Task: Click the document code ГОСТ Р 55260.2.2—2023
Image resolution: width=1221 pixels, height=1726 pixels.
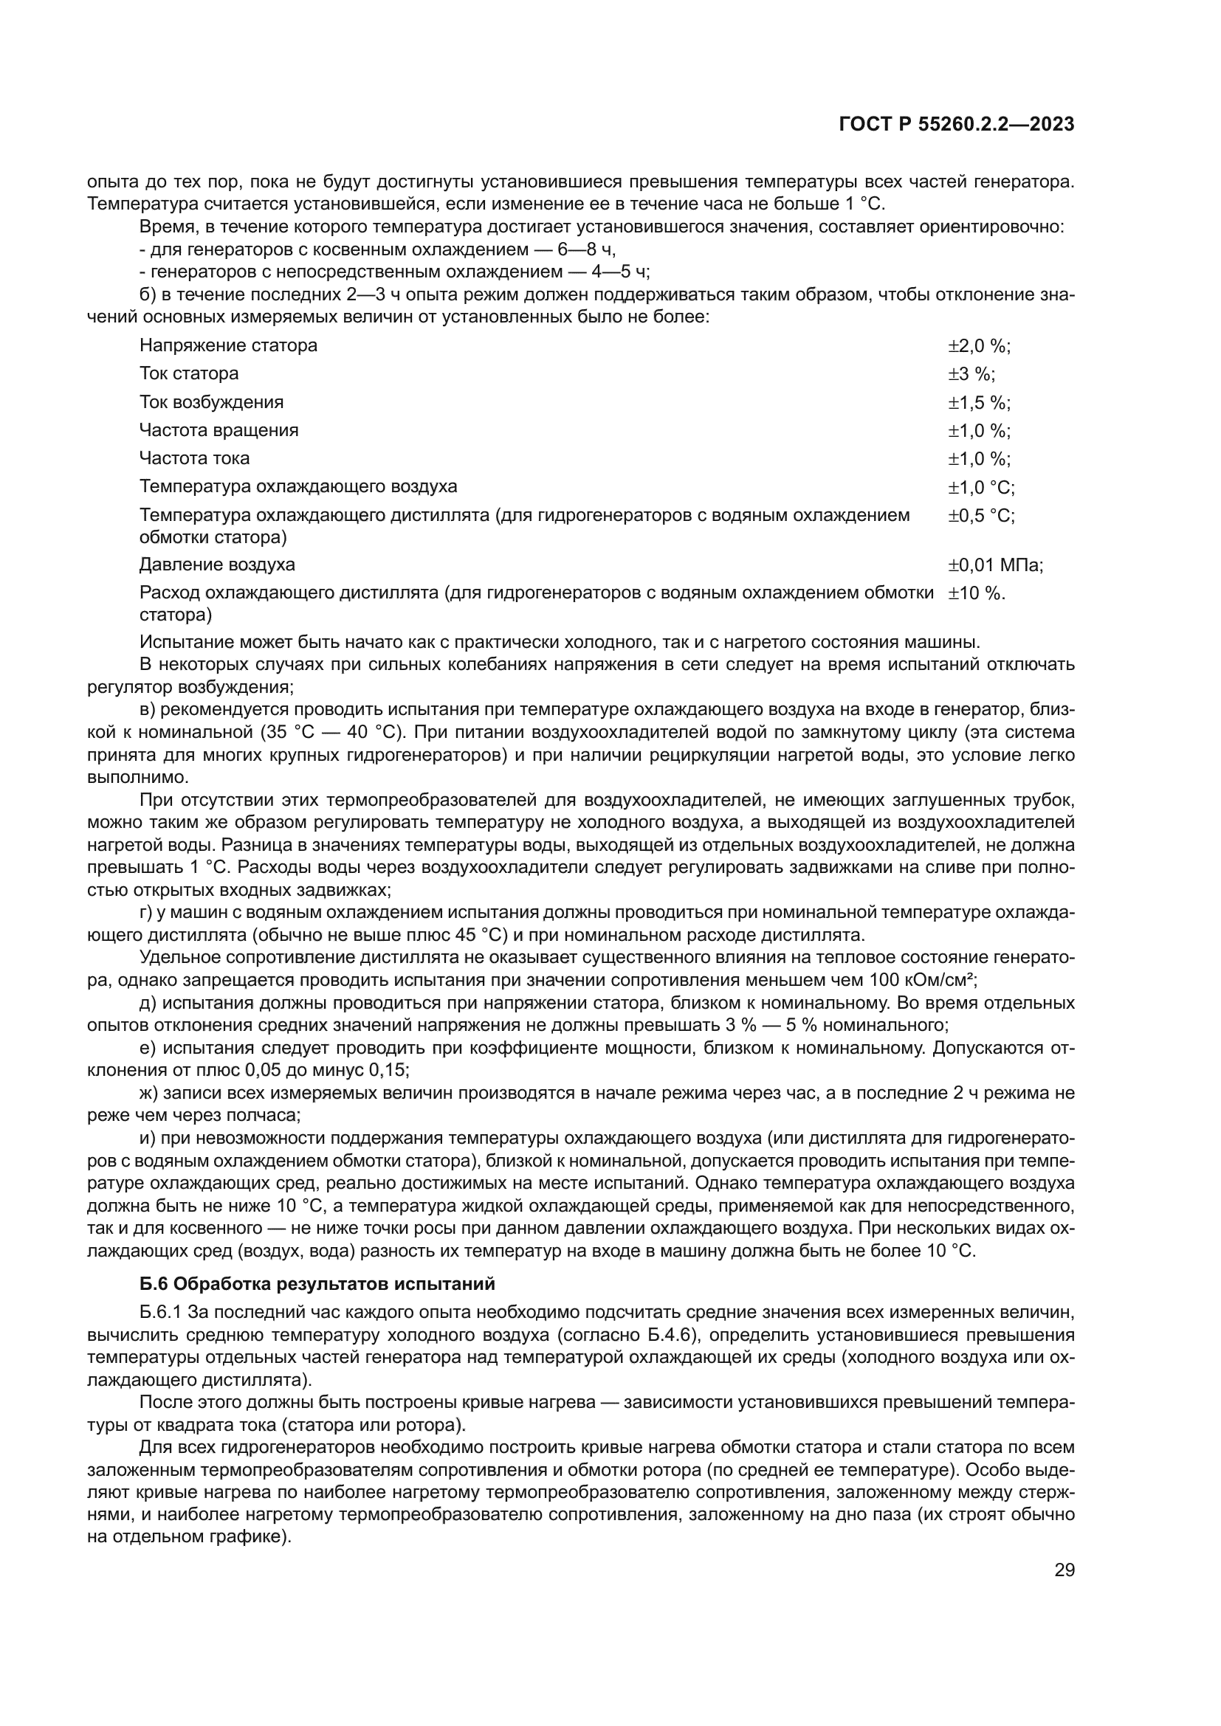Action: [956, 125]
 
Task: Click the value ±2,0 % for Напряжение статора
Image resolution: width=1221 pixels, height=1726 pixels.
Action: [978, 346]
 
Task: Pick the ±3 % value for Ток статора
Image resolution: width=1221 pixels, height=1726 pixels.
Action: [971, 373]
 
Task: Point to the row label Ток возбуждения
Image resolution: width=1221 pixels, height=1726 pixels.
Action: [211, 402]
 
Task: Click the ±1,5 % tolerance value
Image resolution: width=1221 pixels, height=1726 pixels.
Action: [978, 402]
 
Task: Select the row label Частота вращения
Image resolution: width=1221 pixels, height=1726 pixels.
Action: [219, 430]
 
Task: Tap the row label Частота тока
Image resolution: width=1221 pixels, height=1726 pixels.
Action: [194, 458]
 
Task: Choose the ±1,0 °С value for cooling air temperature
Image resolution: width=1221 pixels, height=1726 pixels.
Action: [980, 487]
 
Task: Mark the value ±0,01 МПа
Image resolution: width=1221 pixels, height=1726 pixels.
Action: [994, 565]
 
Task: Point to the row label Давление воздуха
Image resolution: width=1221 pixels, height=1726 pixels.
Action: [217, 565]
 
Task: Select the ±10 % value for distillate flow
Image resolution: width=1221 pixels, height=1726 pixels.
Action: [976, 593]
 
